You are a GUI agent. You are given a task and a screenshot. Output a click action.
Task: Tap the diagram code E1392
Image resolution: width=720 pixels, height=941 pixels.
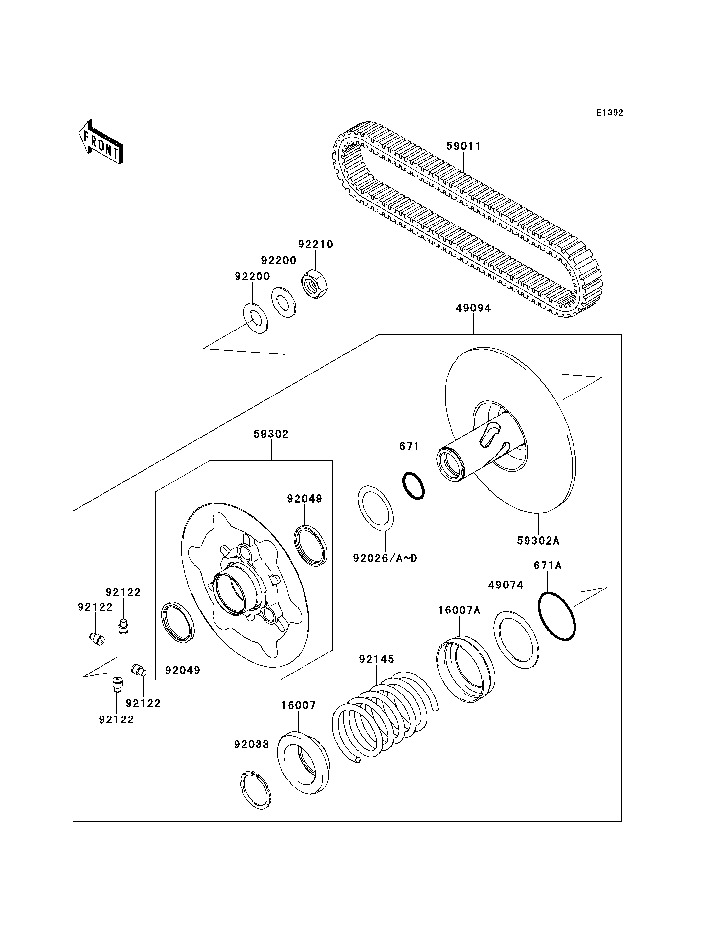610,113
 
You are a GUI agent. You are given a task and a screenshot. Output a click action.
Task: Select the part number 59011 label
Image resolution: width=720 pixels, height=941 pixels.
464,146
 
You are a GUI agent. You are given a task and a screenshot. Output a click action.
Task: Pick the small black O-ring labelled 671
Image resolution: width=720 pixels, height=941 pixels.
414,485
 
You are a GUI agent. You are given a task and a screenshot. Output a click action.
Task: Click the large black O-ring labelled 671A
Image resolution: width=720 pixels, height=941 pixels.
557,616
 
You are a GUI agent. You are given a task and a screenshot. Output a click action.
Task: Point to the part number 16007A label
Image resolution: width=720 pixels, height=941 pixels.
459,610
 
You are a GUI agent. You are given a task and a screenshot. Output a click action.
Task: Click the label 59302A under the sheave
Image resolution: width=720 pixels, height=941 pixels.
538,541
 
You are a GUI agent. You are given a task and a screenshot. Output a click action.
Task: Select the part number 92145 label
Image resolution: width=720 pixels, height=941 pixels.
377,659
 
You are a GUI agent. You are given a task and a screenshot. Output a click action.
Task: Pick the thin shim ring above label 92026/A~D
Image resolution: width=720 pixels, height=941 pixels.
375,508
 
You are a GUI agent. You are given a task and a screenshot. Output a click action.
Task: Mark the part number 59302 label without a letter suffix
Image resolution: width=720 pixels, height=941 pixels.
271,434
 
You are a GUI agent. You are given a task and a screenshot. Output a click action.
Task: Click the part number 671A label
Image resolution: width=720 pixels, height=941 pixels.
548,566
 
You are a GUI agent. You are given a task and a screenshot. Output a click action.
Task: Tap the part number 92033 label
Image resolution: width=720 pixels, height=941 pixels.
252,744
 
